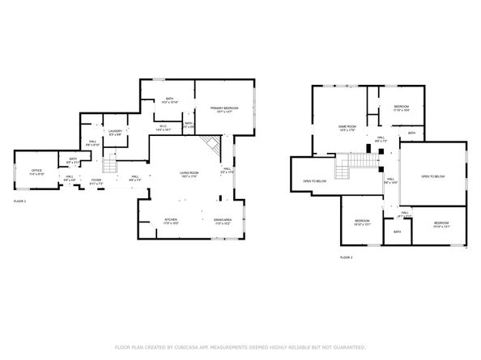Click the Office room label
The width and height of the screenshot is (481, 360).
pyautogui.click(x=36, y=171)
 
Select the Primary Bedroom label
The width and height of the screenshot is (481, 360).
pyautogui.click(x=223, y=108)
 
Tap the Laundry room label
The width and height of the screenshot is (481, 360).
pyautogui.click(x=114, y=131)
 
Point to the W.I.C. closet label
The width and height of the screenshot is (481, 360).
pyautogui.click(x=163, y=127)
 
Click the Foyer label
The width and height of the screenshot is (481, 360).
pyautogui.click(x=96, y=180)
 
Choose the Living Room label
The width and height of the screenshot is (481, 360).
pyautogui.click(x=189, y=173)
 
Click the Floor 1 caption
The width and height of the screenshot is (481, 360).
pyautogui.click(x=20, y=200)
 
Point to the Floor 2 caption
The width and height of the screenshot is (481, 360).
pyautogui.click(x=346, y=257)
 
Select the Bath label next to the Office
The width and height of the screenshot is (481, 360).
pyautogui.click(x=73, y=159)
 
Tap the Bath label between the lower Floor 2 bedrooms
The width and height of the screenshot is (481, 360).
pyautogui.click(x=397, y=232)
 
